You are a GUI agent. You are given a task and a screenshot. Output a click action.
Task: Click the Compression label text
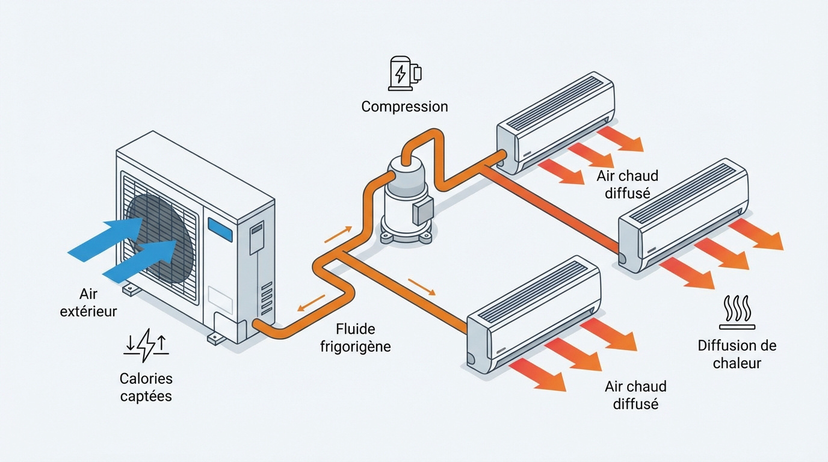[404, 106]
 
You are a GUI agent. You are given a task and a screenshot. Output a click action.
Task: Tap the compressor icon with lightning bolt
[404, 73]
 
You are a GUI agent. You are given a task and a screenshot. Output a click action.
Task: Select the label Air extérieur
[88, 303]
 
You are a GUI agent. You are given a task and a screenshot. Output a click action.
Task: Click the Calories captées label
[146, 387]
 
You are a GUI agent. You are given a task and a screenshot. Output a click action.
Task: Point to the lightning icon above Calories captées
[146, 345]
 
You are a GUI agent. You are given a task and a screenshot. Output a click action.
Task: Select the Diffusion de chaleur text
[737, 354]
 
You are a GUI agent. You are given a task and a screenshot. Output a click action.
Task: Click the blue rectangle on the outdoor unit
[220, 230]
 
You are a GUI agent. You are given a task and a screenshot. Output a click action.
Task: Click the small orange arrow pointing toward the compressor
[338, 234]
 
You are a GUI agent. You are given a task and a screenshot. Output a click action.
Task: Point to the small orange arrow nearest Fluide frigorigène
[311, 303]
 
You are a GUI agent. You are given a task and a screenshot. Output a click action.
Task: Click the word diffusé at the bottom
[635, 404]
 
